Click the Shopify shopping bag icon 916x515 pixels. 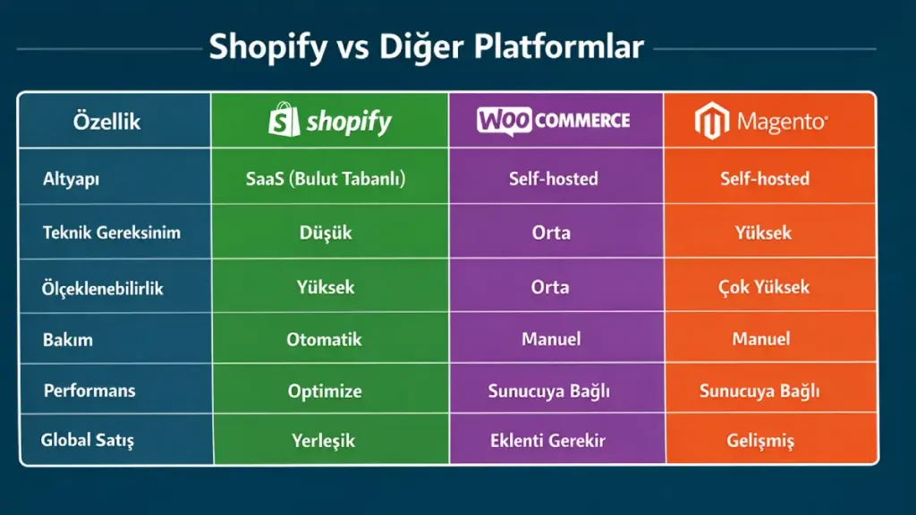coord(284,119)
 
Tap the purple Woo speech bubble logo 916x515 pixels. coord(500,120)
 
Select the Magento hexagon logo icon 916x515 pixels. coord(709,121)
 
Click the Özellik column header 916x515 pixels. coord(106,122)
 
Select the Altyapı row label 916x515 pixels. coord(71,178)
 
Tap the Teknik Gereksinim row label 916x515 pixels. coord(112,232)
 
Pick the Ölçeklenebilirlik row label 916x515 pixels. coord(104,287)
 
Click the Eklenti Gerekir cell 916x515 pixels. coord(548,441)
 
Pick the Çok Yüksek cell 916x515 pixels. coord(764,287)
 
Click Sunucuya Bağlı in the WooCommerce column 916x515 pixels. coord(548,391)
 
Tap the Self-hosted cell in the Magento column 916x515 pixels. coord(765,179)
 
